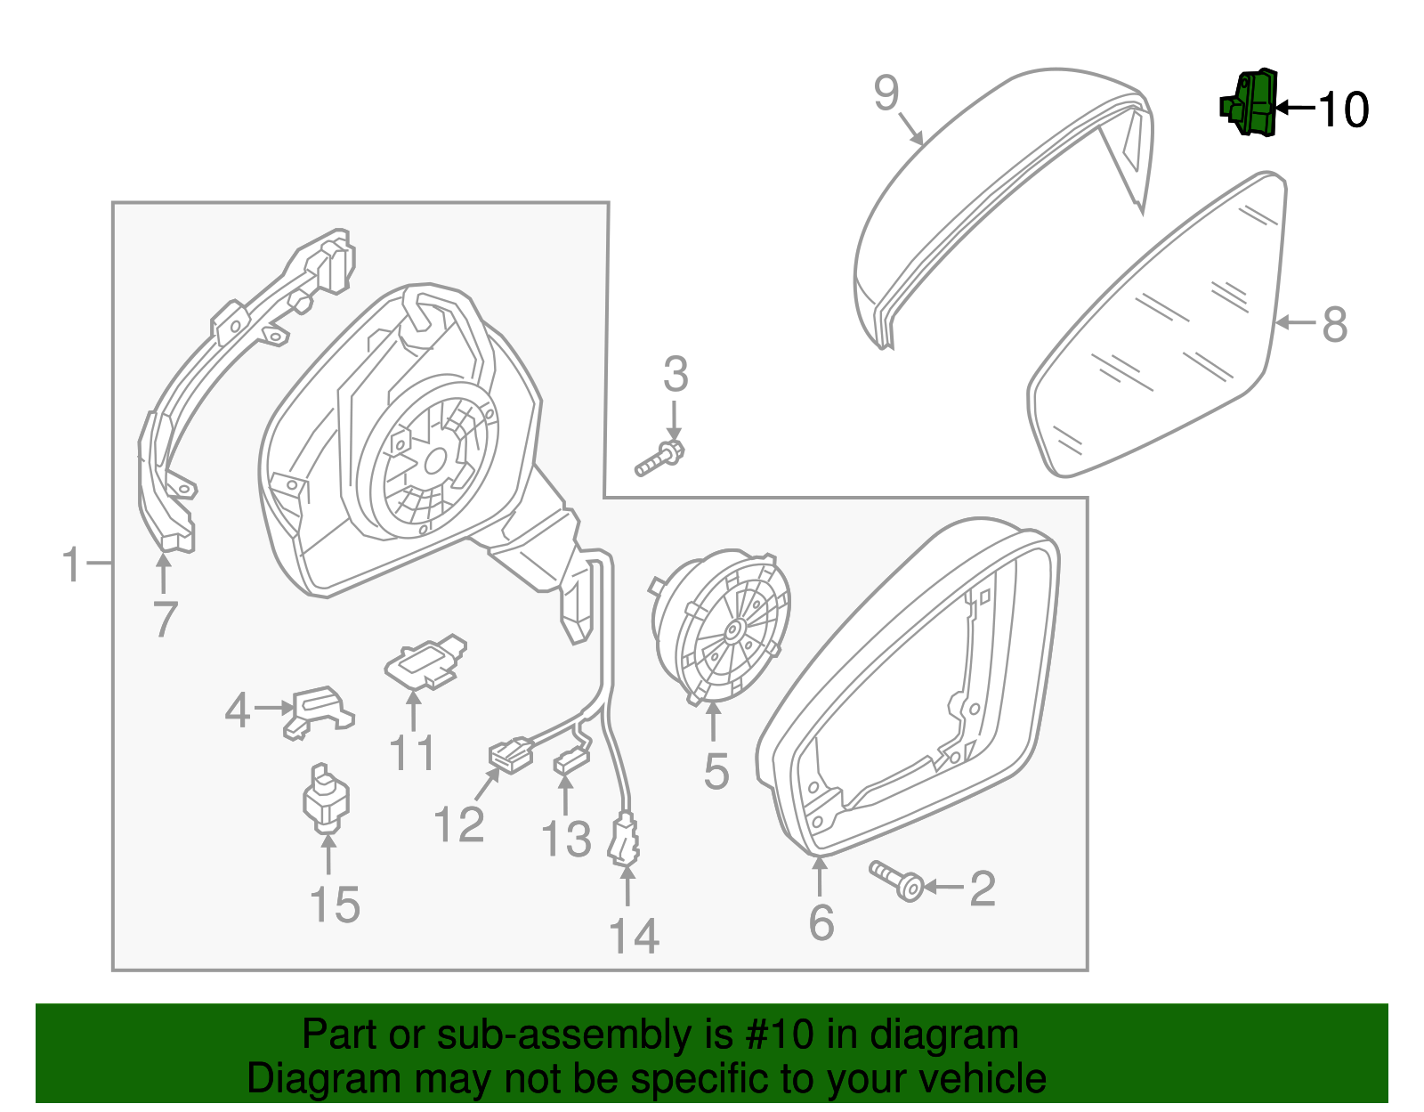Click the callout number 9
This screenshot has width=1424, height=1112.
tap(886, 93)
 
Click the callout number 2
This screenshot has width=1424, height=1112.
tap(982, 889)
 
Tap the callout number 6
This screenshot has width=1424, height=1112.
tap(821, 921)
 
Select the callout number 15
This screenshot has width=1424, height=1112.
tap(335, 905)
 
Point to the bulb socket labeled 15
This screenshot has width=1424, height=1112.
tap(326, 798)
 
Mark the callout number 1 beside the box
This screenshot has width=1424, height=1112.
tap(71, 564)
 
